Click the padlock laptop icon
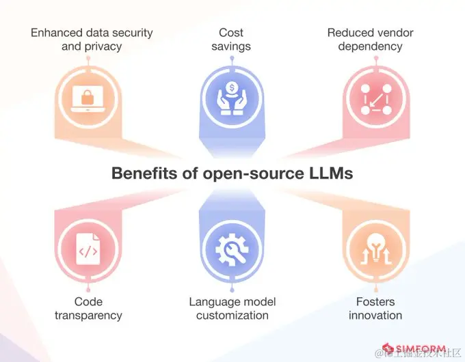[87, 97]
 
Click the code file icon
[88, 252]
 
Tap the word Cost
[232, 32]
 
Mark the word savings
[232, 47]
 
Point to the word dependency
[370, 47]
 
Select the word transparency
[88, 316]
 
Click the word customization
[232, 316]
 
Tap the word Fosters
[375, 301]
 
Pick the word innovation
[375, 316]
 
